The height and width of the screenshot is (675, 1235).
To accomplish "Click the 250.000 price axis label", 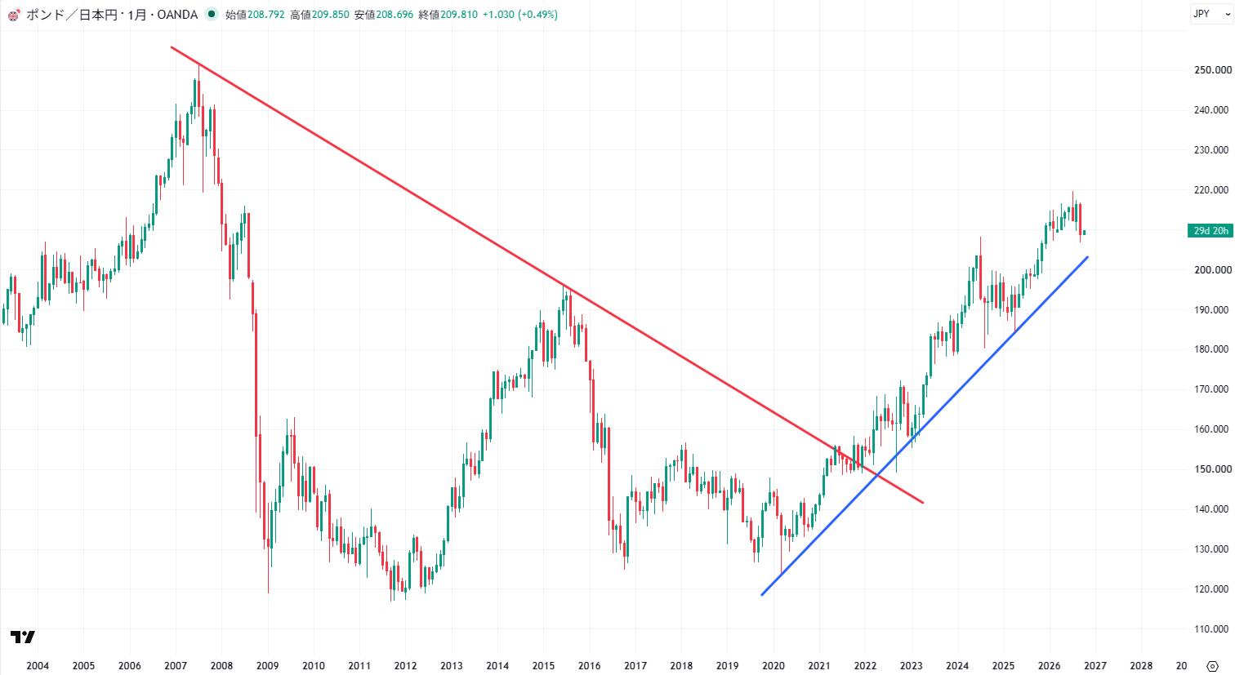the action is pyautogui.click(x=1212, y=70).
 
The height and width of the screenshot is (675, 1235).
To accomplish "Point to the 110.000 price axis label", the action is pyautogui.click(x=1212, y=628).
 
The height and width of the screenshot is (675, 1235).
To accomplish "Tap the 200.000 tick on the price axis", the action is pyautogui.click(x=1212, y=270).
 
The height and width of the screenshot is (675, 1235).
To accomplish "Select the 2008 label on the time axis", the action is pyautogui.click(x=221, y=666).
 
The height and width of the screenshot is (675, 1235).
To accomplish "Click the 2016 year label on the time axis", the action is pyautogui.click(x=590, y=666).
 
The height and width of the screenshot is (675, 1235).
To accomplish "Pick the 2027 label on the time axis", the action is pyautogui.click(x=1095, y=666).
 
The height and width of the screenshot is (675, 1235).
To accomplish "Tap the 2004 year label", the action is pyautogui.click(x=38, y=666).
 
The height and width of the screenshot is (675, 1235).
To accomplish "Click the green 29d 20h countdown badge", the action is pyautogui.click(x=1210, y=231).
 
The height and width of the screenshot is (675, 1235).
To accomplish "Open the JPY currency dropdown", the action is pyautogui.click(x=1211, y=14).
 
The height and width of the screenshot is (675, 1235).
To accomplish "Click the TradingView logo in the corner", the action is pyautogui.click(x=23, y=637).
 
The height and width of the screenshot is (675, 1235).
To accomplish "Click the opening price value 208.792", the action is pyautogui.click(x=265, y=15).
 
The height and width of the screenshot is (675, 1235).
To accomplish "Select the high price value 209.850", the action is pyautogui.click(x=330, y=15).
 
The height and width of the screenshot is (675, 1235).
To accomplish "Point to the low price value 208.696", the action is pyautogui.click(x=395, y=15).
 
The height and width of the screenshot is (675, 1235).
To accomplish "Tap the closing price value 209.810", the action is pyautogui.click(x=459, y=15).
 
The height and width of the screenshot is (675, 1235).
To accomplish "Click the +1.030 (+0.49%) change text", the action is pyautogui.click(x=520, y=15).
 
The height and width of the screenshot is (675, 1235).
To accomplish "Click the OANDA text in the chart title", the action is pyautogui.click(x=177, y=15).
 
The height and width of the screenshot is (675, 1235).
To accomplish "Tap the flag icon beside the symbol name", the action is pyautogui.click(x=14, y=15).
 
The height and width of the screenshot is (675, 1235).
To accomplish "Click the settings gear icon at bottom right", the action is pyautogui.click(x=1212, y=667).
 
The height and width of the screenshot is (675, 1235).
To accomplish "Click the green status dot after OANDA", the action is pyautogui.click(x=212, y=15).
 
